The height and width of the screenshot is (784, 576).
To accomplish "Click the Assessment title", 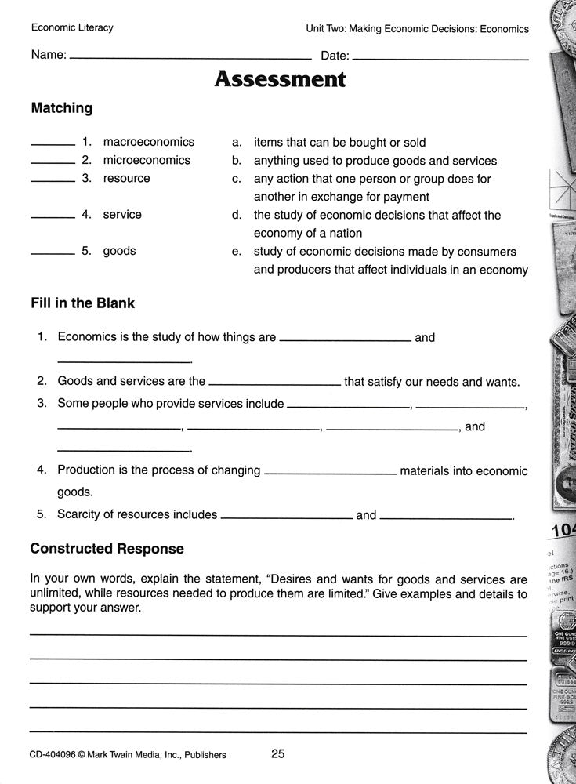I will click(280, 79).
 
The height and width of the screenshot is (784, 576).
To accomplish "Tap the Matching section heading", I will click(61, 108).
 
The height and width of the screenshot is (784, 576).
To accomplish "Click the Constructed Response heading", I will click(107, 548).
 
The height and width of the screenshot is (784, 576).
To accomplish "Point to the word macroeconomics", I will click(148, 142).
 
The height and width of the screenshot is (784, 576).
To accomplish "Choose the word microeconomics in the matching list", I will click(147, 160).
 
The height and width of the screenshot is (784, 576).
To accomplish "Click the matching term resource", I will click(126, 178).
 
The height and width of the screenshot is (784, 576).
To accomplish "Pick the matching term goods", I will click(119, 251).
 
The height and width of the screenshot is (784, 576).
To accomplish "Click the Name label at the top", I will click(48, 55).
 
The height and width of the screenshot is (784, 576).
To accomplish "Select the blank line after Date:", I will click(440, 58).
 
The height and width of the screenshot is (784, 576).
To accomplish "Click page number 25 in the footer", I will click(277, 754).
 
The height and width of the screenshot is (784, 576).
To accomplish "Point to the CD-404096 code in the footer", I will click(59, 755).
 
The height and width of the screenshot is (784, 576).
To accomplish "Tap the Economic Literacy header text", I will click(72, 27).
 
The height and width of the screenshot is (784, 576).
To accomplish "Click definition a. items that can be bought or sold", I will click(339, 142).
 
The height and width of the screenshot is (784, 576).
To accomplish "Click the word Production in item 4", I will click(86, 470).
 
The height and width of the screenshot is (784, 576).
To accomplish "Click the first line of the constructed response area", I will click(278, 633).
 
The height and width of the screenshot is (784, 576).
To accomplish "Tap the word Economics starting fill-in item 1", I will click(88, 337).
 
